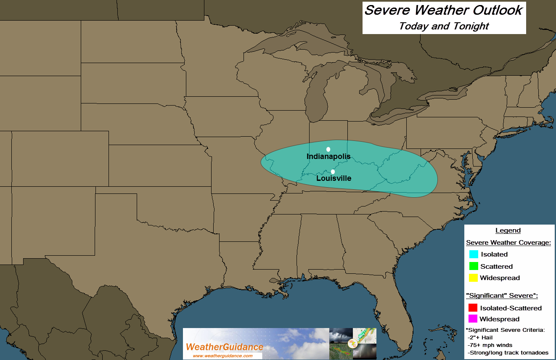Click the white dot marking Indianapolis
[x=328, y=149]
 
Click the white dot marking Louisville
[x=333, y=172]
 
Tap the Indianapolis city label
[x=328, y=156]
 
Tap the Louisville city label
[x=334, y=178]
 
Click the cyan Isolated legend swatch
[x=474, y=254]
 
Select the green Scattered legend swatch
[x=474, y=266]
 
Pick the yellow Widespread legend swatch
[x=474, y=278]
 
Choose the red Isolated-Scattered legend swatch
[x=473, y=308]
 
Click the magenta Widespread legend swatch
[x=473, y=319]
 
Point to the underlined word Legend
[x=508, y=230]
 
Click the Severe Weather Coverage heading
[x=508, y=243]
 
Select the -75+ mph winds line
[x=490, y=345]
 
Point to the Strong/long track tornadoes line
[x=508, y=352]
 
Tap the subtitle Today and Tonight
[x=444, y=26]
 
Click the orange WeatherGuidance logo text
[x=225, y=347]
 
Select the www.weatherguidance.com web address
[x=222, y=356]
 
